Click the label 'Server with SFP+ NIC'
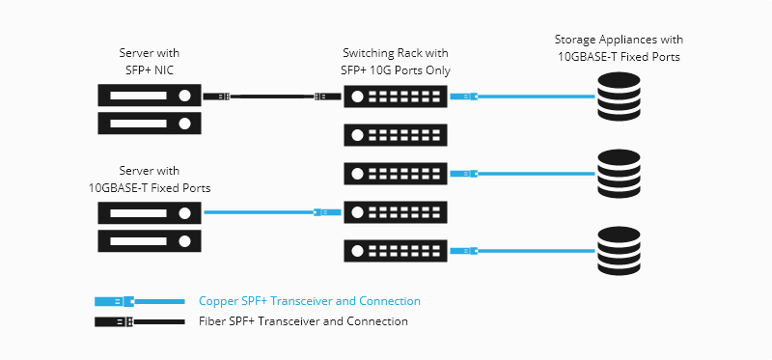(149, 60)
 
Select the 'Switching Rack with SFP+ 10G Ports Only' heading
(396, 60)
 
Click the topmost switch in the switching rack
(396, 97)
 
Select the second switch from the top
(396, 134)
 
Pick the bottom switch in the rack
(396, 251)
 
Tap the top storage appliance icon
(619, 97)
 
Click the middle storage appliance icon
(619, 173)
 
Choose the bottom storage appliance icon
(619, 250)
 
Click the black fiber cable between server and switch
(270, 97)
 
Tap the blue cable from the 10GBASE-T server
(256, 211)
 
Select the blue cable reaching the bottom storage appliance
(536, 251)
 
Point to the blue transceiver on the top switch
(464, 97)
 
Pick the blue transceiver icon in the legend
(116, 302)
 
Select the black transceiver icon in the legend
(116, 321)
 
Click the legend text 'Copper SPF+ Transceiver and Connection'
(309, 301)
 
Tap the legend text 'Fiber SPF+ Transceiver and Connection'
(303, 321)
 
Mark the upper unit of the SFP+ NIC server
(149, 96)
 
